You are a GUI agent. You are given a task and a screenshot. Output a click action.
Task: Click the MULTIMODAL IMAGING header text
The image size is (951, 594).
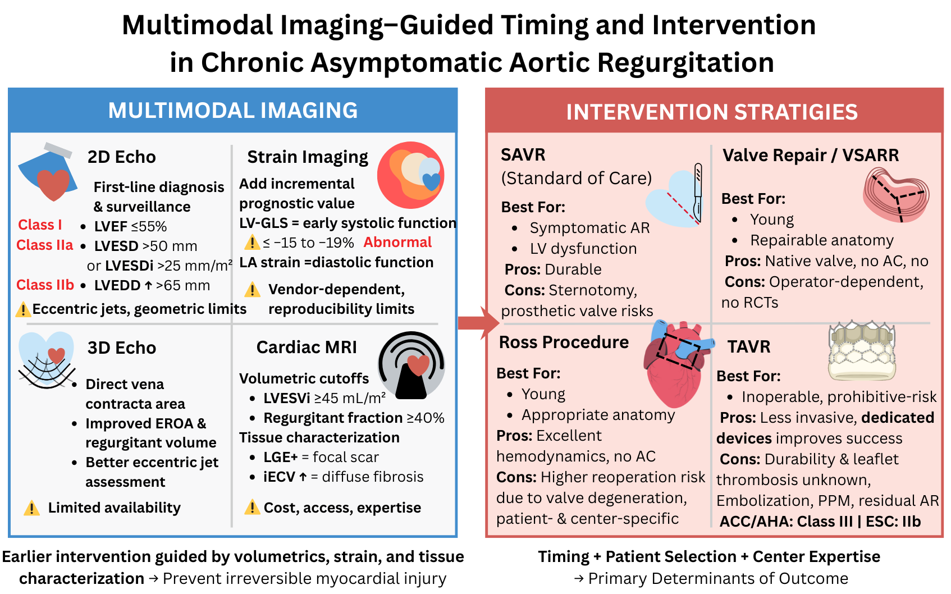[x=232, y=111]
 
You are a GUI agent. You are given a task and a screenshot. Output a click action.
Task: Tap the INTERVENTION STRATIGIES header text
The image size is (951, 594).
[x=712, y=112]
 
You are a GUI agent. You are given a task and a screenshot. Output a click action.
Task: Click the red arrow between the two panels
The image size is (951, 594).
[x=478, y=323]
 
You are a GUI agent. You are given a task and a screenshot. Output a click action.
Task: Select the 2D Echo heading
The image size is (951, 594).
[x=121, y=157]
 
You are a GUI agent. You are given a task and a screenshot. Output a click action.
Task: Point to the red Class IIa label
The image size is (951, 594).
[x=45, y=245]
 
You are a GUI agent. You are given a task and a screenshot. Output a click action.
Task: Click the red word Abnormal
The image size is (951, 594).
[x=397, y=242]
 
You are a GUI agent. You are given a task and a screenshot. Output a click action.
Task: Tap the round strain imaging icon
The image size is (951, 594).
[x=411, y=175]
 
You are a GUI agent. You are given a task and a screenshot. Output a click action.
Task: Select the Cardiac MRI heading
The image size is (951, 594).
[x=307, y=348]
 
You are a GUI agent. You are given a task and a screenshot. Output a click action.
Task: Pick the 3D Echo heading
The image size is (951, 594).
[x=121, y=348]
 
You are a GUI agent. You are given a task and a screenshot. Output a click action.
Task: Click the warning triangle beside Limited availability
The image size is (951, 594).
[x=32, y=508]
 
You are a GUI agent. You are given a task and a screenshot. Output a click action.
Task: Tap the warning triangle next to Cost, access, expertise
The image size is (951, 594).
[x=252, y=508]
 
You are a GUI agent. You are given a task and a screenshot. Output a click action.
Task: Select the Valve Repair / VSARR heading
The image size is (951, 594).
[x=811, y=156]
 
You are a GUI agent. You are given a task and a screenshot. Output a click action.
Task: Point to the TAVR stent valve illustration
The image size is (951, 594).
[x=861, y=351]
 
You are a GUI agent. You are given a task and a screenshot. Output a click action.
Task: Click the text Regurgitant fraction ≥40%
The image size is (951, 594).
[x=354, y=418]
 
